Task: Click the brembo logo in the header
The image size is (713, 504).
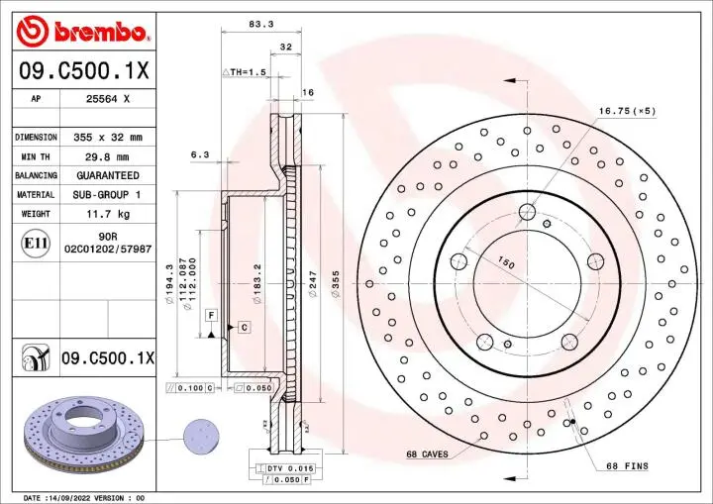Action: coord(83,32)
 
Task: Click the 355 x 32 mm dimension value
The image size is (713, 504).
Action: coord(108,137)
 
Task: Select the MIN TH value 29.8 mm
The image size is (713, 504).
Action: coord(108,156)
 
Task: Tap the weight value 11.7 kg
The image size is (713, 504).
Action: coord(108,214)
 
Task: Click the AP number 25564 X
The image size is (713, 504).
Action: coord(108,99)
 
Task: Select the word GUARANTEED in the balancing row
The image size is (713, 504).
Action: coord(108,175)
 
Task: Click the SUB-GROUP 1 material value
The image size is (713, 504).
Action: coord(108,195)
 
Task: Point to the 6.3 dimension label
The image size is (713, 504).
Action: coord(199,153)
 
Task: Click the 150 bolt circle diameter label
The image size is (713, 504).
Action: coord(506,264)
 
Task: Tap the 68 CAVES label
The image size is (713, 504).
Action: coord(427,454)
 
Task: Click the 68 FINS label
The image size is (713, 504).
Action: coord(626,465)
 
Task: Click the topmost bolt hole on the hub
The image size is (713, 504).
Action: coord(527,211)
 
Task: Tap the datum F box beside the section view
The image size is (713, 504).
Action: coord(211,314)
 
